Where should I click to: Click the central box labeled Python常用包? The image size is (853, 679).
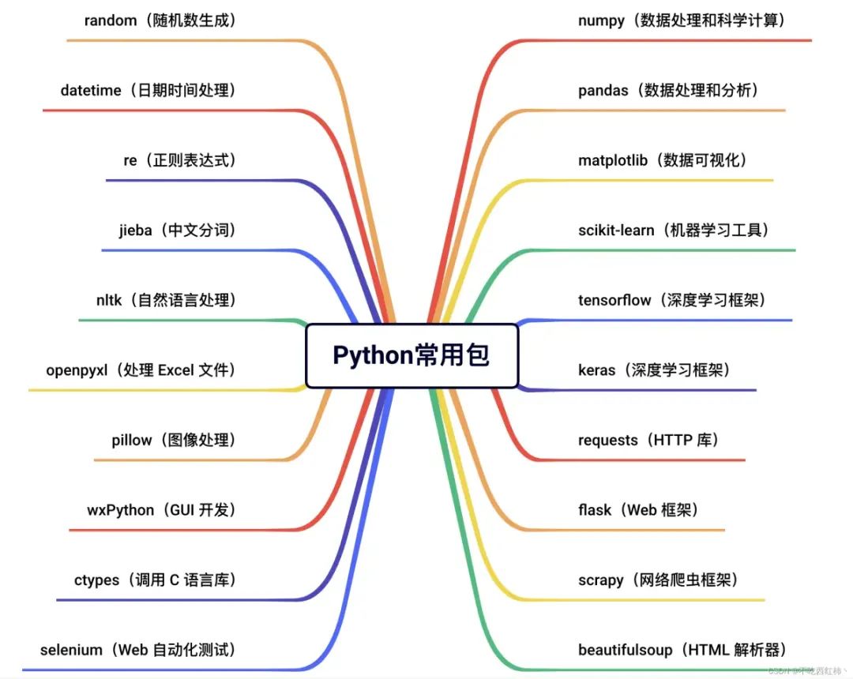point(411,355)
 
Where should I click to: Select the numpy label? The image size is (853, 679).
point(601,21)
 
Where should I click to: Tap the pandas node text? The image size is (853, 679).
point(603,91)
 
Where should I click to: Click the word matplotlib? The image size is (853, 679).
point(613,161)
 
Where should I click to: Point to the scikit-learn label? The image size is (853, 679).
point(616,231)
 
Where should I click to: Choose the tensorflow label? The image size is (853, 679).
point(614,300)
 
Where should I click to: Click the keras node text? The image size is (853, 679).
point(596,370)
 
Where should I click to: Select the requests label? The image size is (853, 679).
point(608,441)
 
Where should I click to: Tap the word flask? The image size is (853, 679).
point(595,510)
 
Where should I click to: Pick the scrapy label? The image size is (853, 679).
point(600,580)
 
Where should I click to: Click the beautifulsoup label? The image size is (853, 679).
point(626,651)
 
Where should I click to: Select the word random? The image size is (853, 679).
point(111,21)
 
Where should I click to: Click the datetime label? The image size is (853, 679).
point(91,91)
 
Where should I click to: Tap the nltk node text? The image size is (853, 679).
point(108,300)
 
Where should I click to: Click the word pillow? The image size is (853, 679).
point(132,441)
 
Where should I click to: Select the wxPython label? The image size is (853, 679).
point(121,510)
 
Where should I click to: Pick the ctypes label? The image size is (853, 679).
point(97,580)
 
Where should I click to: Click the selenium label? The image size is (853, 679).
point(71,651)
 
